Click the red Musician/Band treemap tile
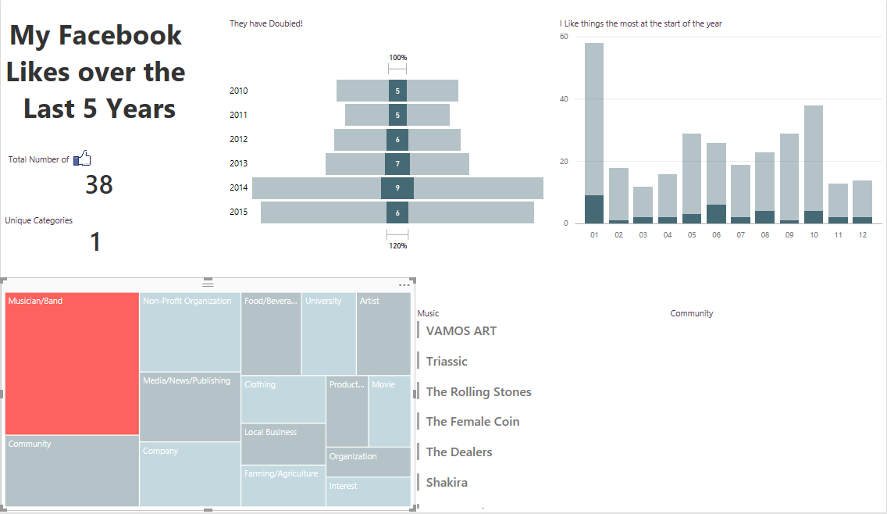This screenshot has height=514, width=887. point(72,363)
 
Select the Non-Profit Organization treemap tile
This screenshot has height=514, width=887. point(190,332)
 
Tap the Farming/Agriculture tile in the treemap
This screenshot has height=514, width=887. point(283,485)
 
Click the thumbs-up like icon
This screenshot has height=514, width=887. point(83,159)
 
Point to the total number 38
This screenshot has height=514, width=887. point(99,184)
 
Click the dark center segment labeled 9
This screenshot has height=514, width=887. point(397,188)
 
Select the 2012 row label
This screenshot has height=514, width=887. point(238,139)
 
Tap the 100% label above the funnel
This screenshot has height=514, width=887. point(398,58)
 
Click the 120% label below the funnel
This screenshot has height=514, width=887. point(398,245)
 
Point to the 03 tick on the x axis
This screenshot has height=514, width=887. point(643,234)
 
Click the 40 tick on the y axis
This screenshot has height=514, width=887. point(565,99)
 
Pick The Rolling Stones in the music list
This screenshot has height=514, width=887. point(479,392)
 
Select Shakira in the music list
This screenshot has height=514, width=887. point(447,483)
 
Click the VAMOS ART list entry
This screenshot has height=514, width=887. point(461,331)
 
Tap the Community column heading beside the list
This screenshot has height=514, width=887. point(692,313)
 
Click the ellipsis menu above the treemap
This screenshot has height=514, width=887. point(404,285)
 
